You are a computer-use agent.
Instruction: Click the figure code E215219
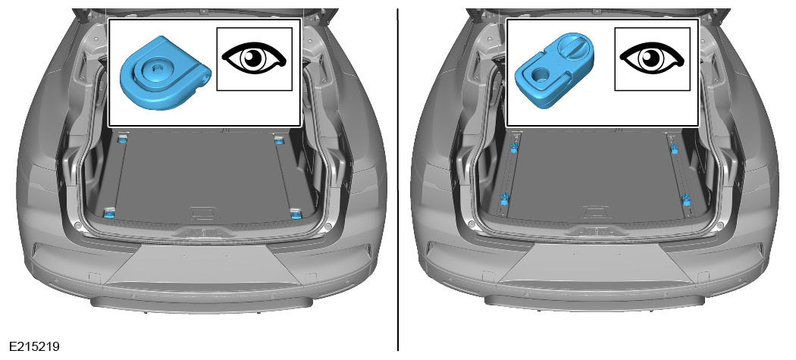[x=34, y=347]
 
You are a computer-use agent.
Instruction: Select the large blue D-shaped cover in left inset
[x=165, y=73]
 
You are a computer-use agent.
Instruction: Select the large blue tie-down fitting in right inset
[x=554, y=70]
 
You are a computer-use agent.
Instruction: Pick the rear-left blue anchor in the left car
[x=108, y=214]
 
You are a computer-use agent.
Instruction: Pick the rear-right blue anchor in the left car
[x=296, y=214]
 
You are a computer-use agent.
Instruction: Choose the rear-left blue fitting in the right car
[x=505, y=199]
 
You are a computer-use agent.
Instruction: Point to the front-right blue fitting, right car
[x=674, y=149]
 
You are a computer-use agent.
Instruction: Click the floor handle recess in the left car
[x=203, y=214]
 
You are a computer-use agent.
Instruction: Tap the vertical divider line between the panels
[x=398, y=180]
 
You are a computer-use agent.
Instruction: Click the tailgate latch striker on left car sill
[x=203, y=233]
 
